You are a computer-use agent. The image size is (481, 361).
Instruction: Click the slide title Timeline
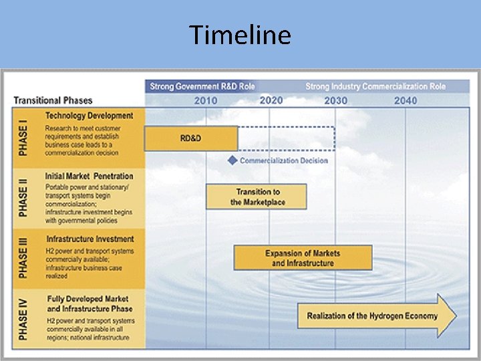click(240, 34)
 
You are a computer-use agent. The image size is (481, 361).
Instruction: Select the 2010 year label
click(206, 100)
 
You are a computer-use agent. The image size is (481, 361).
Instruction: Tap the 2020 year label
click(271, 100)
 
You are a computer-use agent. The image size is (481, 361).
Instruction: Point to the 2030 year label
click(335, 100)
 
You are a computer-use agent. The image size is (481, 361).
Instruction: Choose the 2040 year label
click(406, 100)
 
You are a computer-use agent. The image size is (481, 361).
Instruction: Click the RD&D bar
click(191, 138)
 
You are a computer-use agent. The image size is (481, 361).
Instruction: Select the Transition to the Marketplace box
click(257, 197)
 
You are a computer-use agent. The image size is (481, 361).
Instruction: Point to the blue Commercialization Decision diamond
click(232, 160)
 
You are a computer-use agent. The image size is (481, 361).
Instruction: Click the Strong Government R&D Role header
click(202, 86)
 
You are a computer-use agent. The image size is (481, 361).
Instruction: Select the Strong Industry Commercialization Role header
click(375, 86)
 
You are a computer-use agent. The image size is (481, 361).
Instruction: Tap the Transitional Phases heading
click(53, 100)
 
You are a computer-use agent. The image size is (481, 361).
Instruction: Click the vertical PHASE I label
click(24, 138)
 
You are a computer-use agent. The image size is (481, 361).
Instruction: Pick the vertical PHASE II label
click(24, 197)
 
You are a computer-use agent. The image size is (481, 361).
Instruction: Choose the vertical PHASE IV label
click(24, 318)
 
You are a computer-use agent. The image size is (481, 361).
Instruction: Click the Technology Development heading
click(89, 116)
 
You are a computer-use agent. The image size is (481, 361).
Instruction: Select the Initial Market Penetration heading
click(89, 176)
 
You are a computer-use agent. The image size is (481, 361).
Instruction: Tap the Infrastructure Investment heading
click(90, 239)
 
